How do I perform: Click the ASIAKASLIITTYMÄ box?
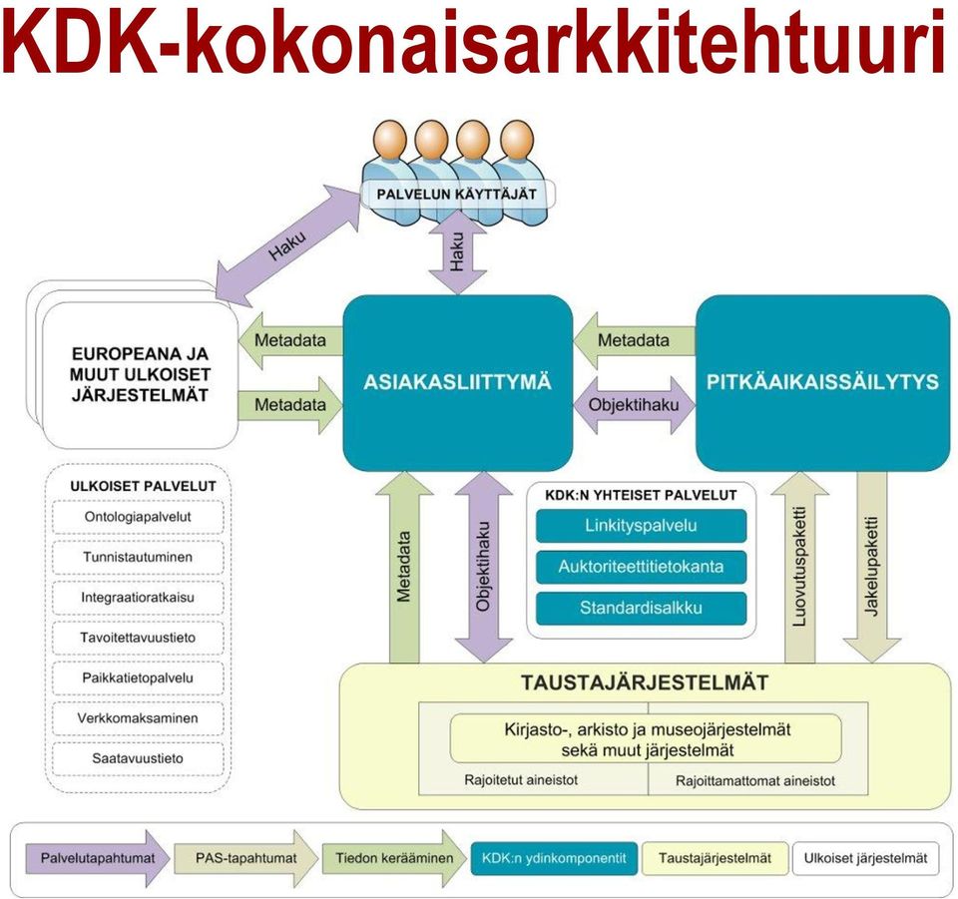(458, 383)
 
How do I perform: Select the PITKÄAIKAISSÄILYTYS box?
(822, 383)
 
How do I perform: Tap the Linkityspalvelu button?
(641, 526)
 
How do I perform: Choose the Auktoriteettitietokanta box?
(641, 567)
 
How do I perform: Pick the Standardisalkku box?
(641, 609)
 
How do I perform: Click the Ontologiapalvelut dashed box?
(138, 517)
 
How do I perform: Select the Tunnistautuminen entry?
(138, 558)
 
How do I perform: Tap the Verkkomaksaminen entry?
(138, 718)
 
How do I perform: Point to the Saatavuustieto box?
(138, 759)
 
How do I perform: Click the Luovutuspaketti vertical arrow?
(799, 568)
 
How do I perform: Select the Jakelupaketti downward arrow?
(872, 568)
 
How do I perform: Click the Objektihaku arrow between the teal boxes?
(635, 405)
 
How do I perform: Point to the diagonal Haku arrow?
(288, 244)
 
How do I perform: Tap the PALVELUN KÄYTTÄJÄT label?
(457, 195)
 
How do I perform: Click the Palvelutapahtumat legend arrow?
(98, 859)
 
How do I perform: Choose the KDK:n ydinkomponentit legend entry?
(554, 859)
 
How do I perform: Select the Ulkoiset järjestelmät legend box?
(866, 859)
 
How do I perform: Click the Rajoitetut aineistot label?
(521, 780)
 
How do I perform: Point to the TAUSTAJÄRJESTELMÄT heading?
(646, 682)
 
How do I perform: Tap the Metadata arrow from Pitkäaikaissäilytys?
(635, 341)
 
